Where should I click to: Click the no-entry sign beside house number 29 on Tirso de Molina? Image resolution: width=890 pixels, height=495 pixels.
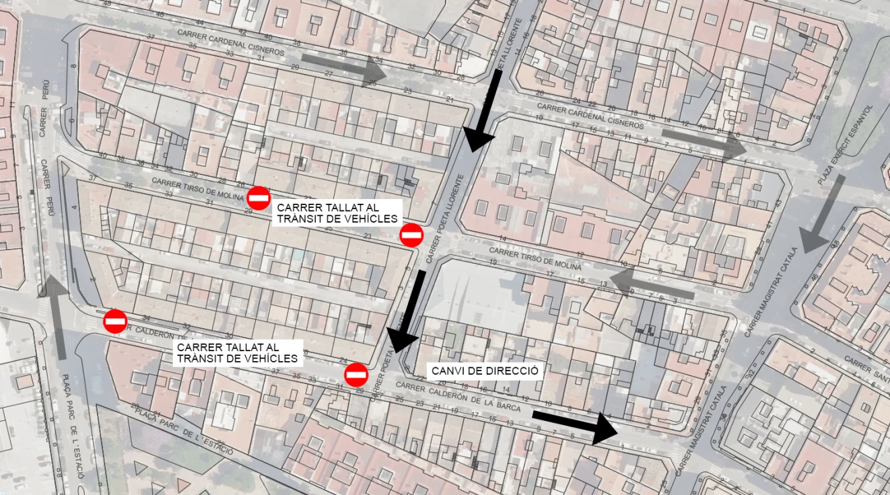[x=259, y=198]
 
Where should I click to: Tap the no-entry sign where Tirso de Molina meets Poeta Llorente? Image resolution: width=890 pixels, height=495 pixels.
[x=411, y=235]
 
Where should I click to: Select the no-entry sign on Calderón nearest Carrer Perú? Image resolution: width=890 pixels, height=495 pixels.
[x=115, y=321]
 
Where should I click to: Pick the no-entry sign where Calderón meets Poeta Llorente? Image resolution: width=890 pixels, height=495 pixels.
[x=356, y=375]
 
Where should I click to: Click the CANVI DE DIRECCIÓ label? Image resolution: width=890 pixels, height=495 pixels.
[x=485, y=371]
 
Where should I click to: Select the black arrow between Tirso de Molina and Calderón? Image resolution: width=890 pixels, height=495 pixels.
[x=409, y=309]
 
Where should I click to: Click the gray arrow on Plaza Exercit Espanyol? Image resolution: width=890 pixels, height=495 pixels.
[x=823, y=214]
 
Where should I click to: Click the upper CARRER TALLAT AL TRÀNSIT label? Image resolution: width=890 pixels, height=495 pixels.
[x=337, y=213]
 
